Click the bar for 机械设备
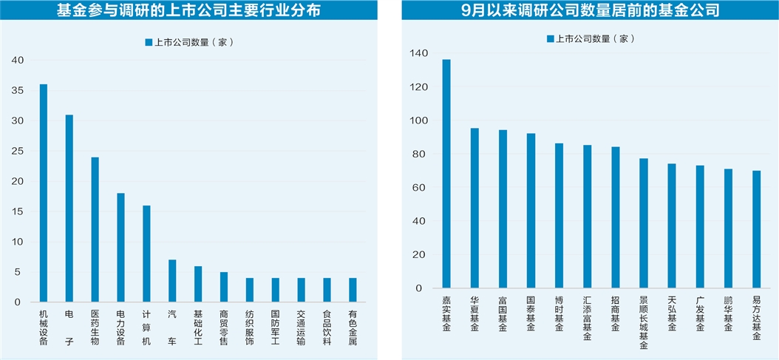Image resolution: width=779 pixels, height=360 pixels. [x=44, y=193]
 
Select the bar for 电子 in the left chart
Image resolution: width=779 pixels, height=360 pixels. [x=69, y=208]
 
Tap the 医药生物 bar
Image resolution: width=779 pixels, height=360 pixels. [x=95, y=229]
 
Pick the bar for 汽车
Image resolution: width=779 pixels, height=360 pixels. [x=172, y=281]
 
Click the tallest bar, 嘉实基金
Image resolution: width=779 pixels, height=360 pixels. [x=446, y=174]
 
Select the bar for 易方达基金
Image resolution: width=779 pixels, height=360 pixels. [x=756, y=229]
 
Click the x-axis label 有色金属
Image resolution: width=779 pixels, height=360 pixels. [x=353, y=327]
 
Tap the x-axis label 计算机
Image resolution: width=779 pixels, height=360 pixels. [x=146, y=327]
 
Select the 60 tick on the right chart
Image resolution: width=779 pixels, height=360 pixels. [x=421, y=188]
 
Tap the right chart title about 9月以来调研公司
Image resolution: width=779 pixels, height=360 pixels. [x=590, y=11]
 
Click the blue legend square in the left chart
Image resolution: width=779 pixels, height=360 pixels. [x=149, y=42]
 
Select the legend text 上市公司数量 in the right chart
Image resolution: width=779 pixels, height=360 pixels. [x=591, y=39]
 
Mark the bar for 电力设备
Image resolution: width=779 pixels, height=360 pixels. [x=120, y=248]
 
